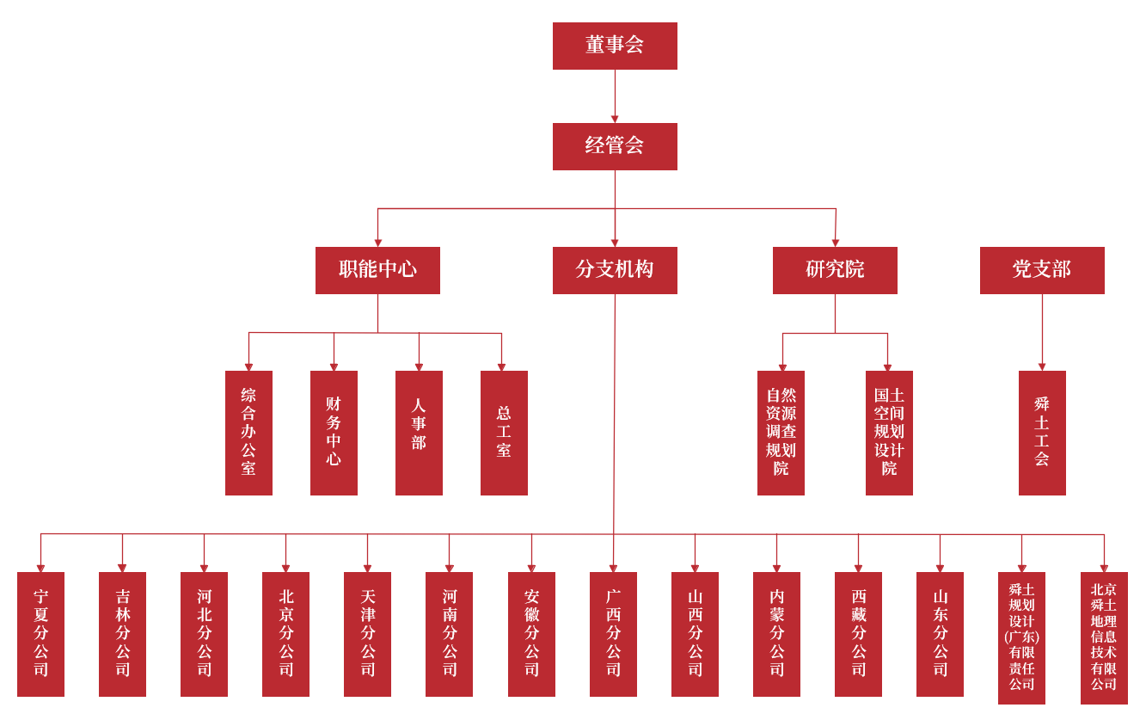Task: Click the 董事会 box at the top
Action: pyautogui.click(x=615, y=46)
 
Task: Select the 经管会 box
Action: pyautogui.click(x=615, y=146)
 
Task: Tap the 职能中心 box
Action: pyautogui.click(x=377, y=270)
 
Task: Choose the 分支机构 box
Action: pyautogui.click(x=615, y=270)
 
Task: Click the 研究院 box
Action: pyautogui.click(x=835, y=270)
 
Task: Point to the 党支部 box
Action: pyautogui.click(x=1042, y=270)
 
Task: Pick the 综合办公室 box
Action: pyautogui.click(x=248, y=433)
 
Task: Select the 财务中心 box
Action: pyautogui.click(x=334, y=433)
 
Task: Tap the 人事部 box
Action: pyautogui.click(x=419, y=433)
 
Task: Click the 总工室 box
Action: pyautogui.click(x=504, y=433)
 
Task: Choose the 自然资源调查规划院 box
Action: pyautogui.click(x=781, y=433)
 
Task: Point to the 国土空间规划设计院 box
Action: pyautogui.click(x=889, y=433)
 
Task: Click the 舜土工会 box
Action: pyautogui.click(x=1042, y=433)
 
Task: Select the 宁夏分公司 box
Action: pyautogui.click(x=40, y=634)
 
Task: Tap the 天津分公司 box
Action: pyautogui.click(x=367, y=634)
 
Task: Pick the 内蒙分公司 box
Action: pyautogui.click(x=776, y=634)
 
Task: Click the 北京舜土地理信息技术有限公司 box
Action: pyautogui.click(x=1104, y=637)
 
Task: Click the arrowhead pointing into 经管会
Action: pyautogui.click(x=615, y=119)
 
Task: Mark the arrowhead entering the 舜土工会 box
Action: pyautogui.click(x=1042, y=366)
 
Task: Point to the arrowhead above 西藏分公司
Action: pyautogui.click(x=858, y=568)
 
